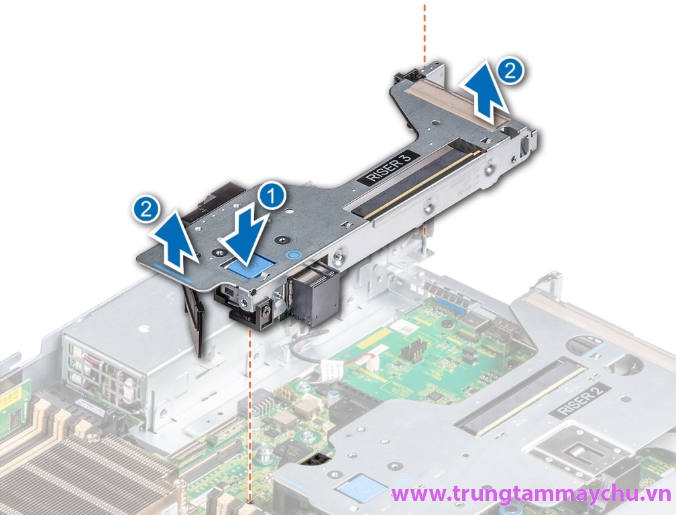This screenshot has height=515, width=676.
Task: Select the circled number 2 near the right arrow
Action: click(510, 71)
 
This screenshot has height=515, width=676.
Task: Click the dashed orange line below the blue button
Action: click(251, 402)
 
